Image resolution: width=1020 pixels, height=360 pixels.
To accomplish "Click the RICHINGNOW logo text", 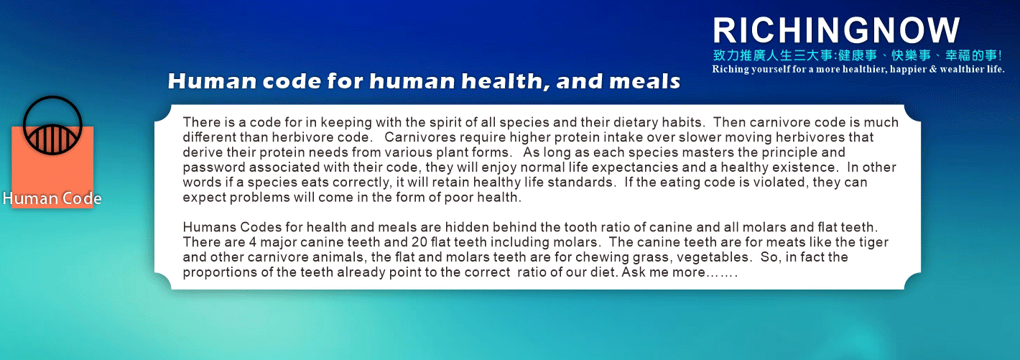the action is [x=836, y=30].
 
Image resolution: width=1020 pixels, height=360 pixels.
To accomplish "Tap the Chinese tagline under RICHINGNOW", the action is [x=858, y=55].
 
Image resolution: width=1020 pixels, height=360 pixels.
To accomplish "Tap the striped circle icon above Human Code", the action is [x=52, y=125].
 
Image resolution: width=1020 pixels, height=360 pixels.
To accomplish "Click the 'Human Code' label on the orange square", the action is [x=52, y=198].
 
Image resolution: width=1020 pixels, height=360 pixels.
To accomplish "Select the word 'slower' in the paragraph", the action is [x=700, y=137].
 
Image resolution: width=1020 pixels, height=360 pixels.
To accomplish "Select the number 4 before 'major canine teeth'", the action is [x=253, y=242].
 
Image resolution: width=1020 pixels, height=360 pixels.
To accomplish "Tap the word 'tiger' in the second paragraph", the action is [x=873, y=242].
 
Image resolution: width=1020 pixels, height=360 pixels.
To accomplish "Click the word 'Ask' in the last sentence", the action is [x=633, y=272].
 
